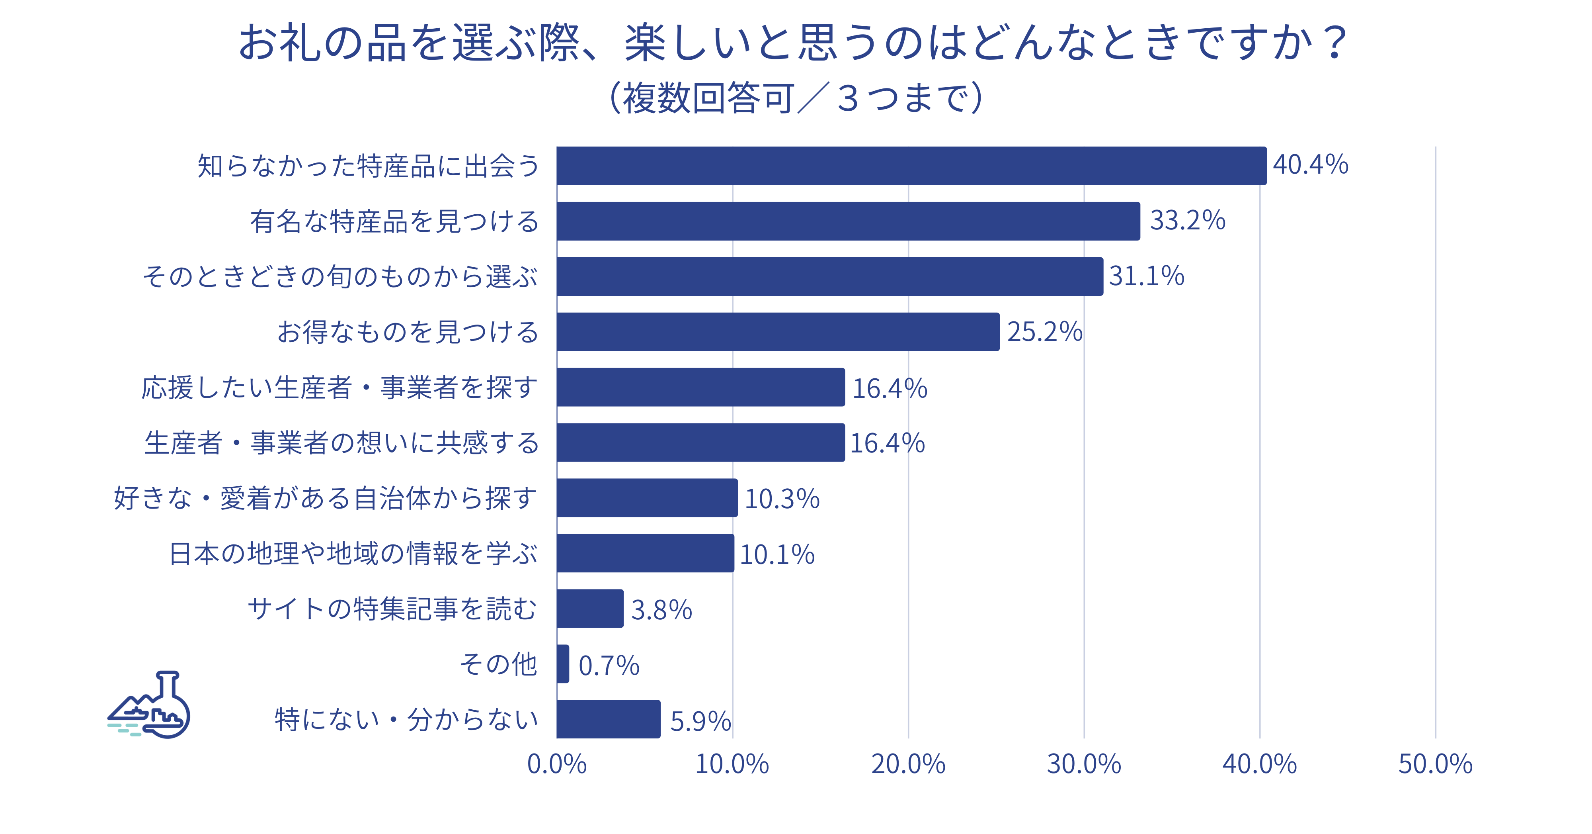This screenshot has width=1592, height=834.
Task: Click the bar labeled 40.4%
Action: [911, 166]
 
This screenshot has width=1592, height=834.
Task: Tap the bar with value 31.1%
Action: [829, 276]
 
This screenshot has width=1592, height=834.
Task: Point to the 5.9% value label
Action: [700, 721]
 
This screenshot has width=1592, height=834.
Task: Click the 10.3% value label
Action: [782, 499]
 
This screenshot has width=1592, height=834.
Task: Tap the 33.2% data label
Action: [1187, 221]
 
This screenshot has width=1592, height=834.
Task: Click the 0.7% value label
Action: [609, 666]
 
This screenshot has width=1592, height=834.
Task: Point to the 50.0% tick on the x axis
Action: [1435, 764]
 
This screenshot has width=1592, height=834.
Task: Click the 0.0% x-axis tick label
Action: [557, 764]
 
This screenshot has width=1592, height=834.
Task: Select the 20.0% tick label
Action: [908, 764]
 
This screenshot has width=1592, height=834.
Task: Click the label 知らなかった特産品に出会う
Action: [368, 166]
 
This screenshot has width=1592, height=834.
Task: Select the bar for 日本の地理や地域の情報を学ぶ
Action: [645, 553]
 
